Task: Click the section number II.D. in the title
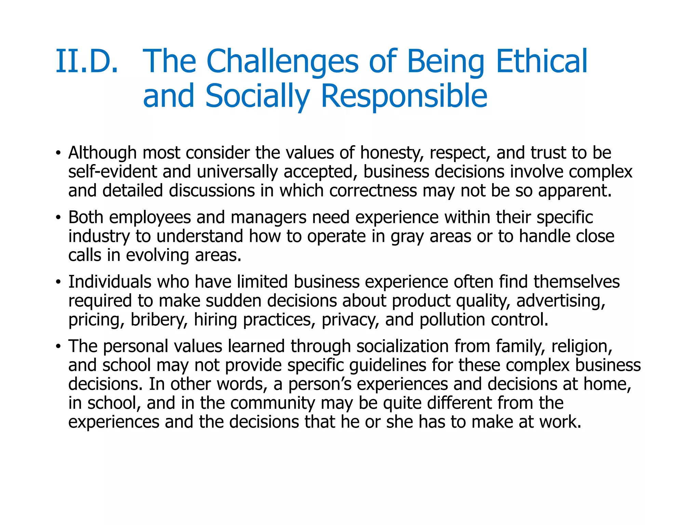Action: (x=87, y=62)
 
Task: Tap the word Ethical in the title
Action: (x=541, y=62)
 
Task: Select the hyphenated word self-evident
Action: (x=112, y=172)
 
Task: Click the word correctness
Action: (x=373, y=191)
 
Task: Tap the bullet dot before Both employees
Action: (x=58, y=217)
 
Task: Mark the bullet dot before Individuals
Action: (x=58, y=282)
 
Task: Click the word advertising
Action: (x=561, y=301)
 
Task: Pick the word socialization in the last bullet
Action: (x=402, y=346)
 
